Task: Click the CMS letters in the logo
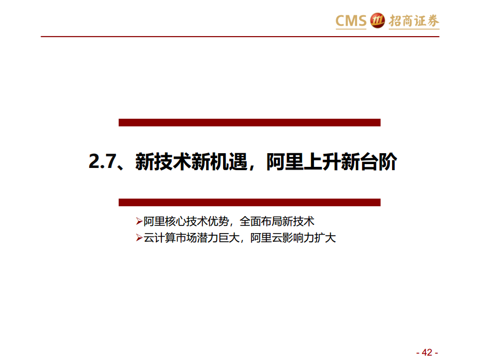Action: [351, 21]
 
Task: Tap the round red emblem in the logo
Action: [377, 20]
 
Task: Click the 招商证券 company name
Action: [414, 21]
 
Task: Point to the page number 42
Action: [427, 352]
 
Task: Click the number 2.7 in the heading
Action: [102, 161]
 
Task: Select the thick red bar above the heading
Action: [249, 123]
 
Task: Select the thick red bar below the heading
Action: [249, 202]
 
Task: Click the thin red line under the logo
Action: [240, 37]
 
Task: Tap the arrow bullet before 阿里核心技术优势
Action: [139, 221]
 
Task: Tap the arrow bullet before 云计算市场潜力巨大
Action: [139, 238]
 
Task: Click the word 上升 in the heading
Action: [322, 161]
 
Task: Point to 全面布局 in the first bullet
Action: [261, 221]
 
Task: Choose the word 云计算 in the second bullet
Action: [160, 238]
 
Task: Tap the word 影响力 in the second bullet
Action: [298, 238]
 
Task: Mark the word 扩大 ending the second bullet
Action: [325, 238]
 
